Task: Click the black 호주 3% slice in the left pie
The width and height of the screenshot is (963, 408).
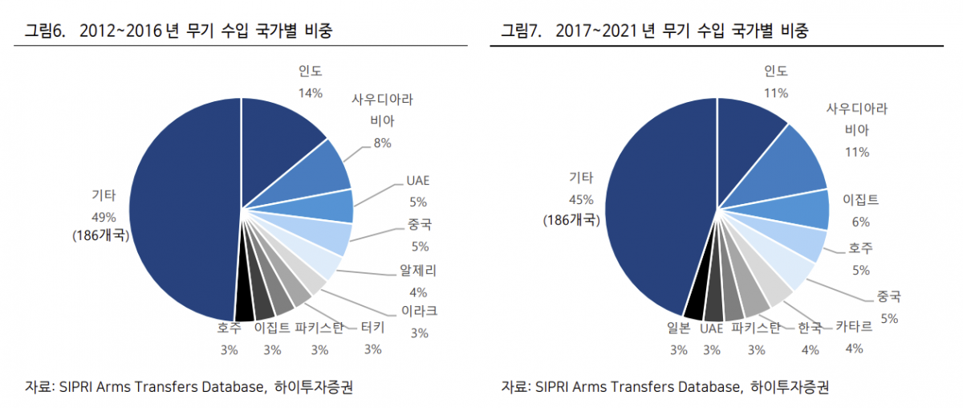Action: point(244,306)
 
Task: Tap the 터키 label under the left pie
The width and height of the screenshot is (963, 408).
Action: point(372,328)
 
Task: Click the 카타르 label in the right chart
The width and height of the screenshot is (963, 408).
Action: point(854,328)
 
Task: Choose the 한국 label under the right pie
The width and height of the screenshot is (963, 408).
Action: point(810,328)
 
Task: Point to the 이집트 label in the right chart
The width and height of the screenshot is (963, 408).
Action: point(860,199)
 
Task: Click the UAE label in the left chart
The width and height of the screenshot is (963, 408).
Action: point(418,180)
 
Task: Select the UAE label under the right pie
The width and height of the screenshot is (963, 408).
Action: point(711,328)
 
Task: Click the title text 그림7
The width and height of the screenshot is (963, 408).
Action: point(520,31)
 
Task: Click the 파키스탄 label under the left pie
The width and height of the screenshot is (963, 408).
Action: point(319,328)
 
